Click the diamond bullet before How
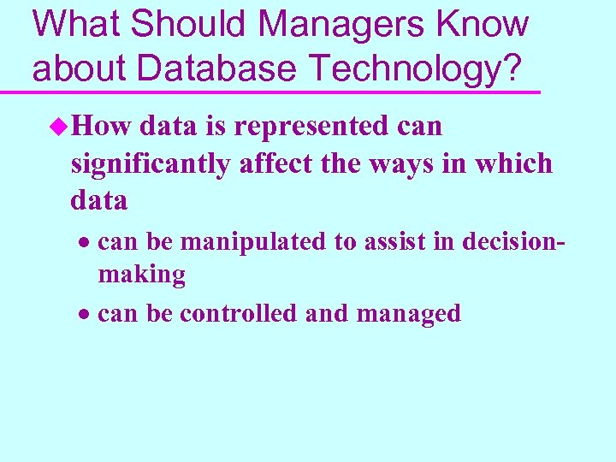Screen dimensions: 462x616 coord(58,127)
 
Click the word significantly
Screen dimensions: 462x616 coord(151,163)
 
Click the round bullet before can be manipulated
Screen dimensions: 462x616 coord(86,244)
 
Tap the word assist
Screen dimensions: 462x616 coord(389,242)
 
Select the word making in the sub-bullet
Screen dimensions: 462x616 coord(141,275)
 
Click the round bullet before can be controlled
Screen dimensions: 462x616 coord(86,315)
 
